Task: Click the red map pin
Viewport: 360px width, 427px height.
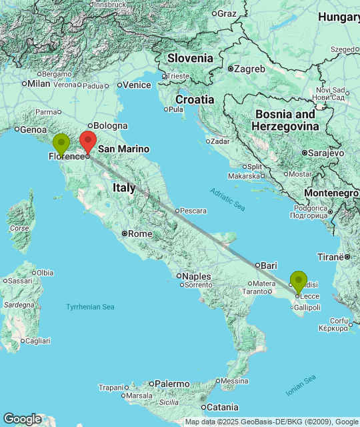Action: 87,141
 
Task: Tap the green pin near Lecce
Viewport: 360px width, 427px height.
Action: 298,280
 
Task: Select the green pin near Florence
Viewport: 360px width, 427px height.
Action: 61,143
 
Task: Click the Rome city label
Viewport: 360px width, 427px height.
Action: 139,234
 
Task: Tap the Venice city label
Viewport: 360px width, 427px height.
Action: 137,85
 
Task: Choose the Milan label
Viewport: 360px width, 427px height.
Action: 39,83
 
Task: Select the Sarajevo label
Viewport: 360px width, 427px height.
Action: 325,153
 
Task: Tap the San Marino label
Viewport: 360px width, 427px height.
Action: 124,149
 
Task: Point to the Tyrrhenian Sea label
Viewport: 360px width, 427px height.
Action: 90,307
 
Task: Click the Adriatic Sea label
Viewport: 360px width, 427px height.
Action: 227,199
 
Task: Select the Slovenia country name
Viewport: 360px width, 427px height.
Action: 190,58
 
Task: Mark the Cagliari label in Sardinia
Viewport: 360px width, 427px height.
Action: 39,341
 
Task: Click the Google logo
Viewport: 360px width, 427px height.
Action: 21,419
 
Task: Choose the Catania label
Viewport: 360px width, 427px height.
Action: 222,407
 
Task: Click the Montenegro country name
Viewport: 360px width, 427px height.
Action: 331,193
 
